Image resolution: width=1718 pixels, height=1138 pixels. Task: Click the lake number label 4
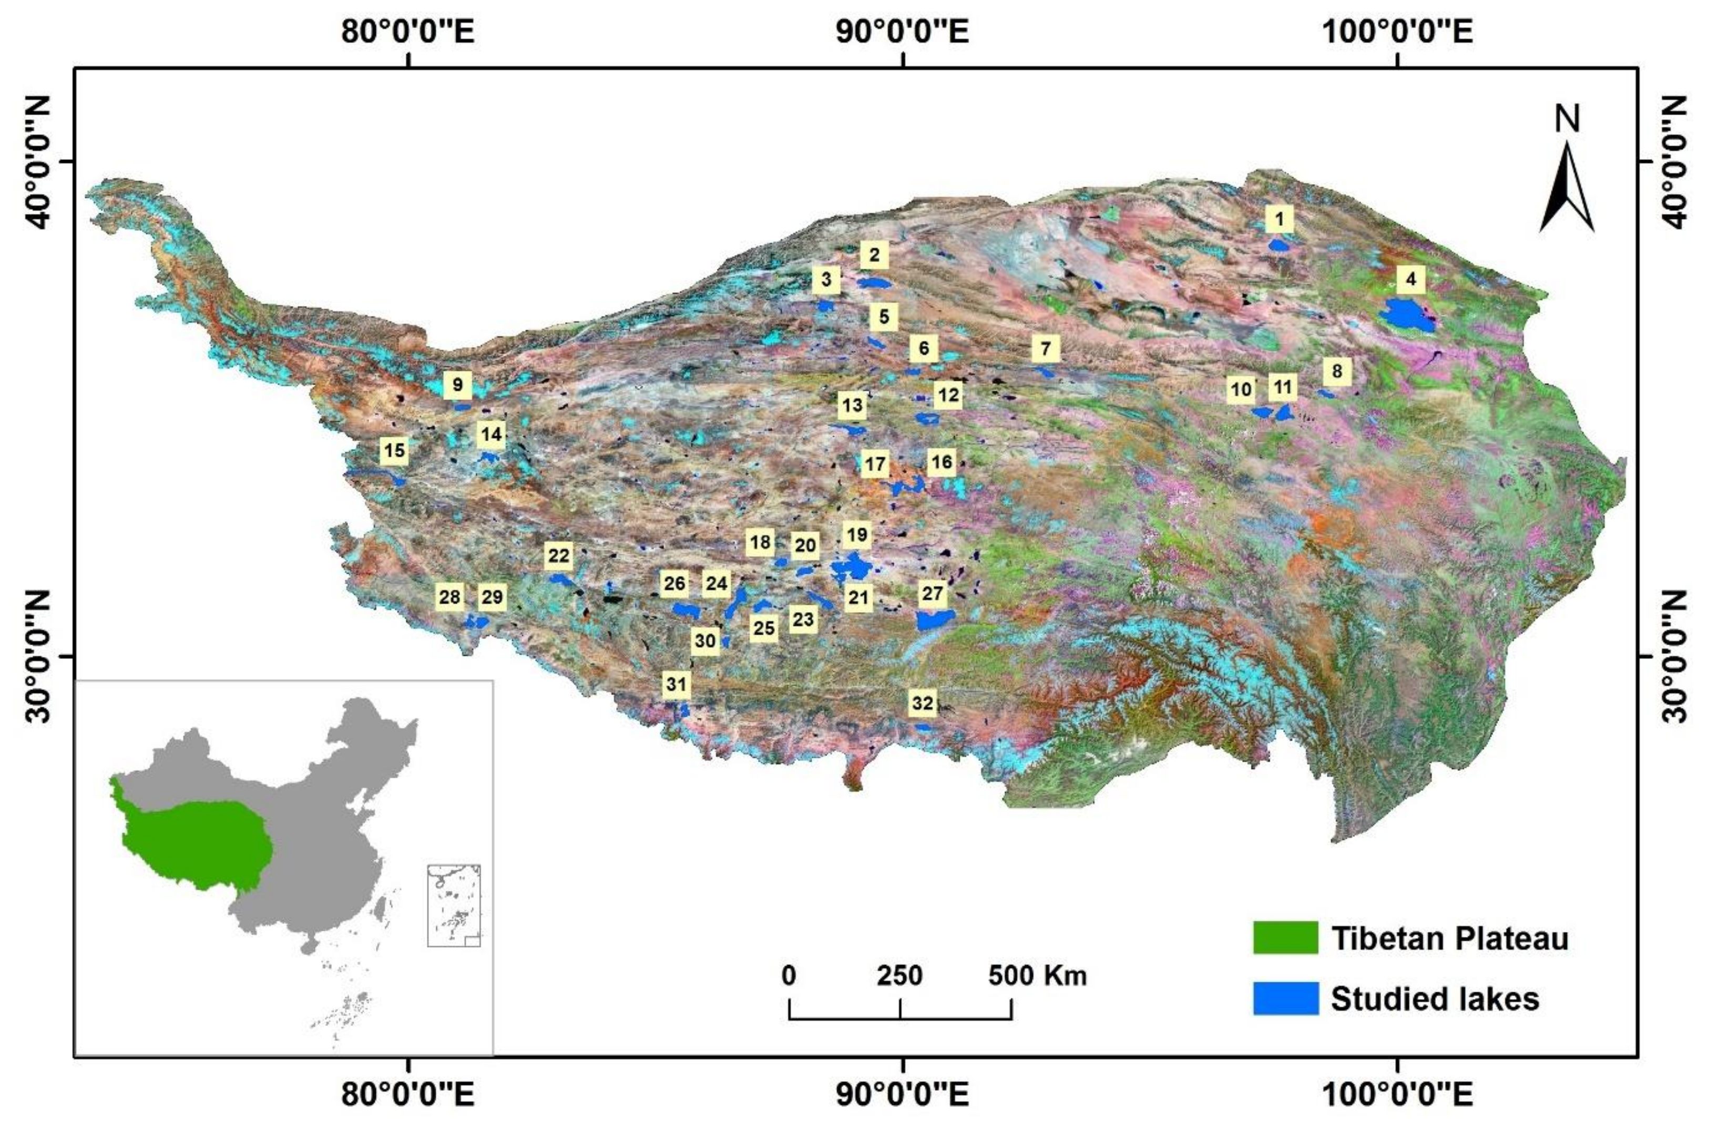coord(1410,279)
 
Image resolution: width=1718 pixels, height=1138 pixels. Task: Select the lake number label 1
coord(1279,218)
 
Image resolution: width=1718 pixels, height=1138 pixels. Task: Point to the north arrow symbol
coord(1567,185)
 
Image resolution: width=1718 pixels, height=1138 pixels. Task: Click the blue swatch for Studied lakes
coord(1285,999)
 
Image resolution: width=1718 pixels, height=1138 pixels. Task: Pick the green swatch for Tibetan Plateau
coord(1285,938)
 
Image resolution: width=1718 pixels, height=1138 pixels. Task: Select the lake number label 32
coord(922,703)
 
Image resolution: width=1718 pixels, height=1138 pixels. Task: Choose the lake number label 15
coord(394,451)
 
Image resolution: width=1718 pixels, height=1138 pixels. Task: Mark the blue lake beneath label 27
coord(934,619)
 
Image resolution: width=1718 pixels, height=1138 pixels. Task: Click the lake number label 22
coord(559,556)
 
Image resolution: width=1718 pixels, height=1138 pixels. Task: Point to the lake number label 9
coord(457,384)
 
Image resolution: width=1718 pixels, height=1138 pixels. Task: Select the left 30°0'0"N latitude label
coord(40,656)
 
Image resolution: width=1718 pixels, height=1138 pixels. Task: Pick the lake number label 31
coord(676,684)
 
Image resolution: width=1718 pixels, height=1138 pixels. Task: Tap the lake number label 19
coord(857,535)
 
